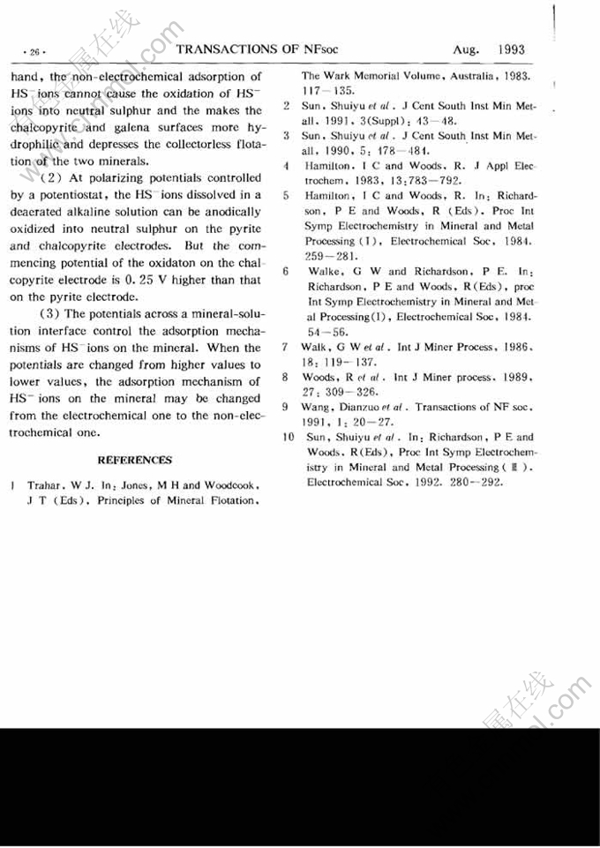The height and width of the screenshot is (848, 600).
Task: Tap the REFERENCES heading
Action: tap(134, 460)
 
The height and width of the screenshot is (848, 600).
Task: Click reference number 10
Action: tap(288, 436)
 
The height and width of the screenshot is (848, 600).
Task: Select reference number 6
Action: tap(287, 272)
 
